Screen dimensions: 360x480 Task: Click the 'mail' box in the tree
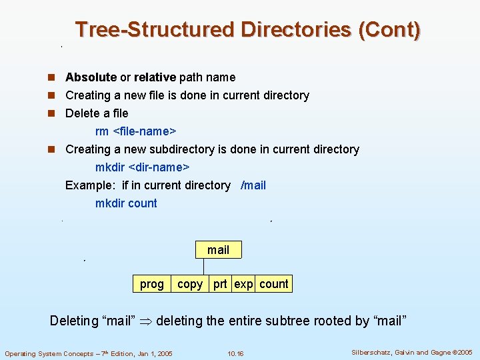tap(218, 250)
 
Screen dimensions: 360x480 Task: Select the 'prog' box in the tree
tap(151, 284)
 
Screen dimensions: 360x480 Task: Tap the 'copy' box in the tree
tap(190, 284)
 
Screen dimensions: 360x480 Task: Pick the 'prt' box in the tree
tap(220, 284)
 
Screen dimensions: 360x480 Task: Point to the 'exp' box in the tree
tap(243, 284)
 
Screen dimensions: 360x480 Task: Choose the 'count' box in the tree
tap(274, 284)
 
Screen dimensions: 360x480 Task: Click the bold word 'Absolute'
tap(91, 77)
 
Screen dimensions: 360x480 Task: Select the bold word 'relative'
tap(155, 77)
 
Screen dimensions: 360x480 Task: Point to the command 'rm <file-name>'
tap(130, 131)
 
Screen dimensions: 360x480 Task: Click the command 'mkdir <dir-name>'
tap(142, 167)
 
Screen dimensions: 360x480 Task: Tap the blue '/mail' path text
tap(253, 185)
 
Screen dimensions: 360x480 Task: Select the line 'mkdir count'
tap(126, 203)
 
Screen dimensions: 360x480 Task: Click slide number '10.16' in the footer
tap(235, 353)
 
